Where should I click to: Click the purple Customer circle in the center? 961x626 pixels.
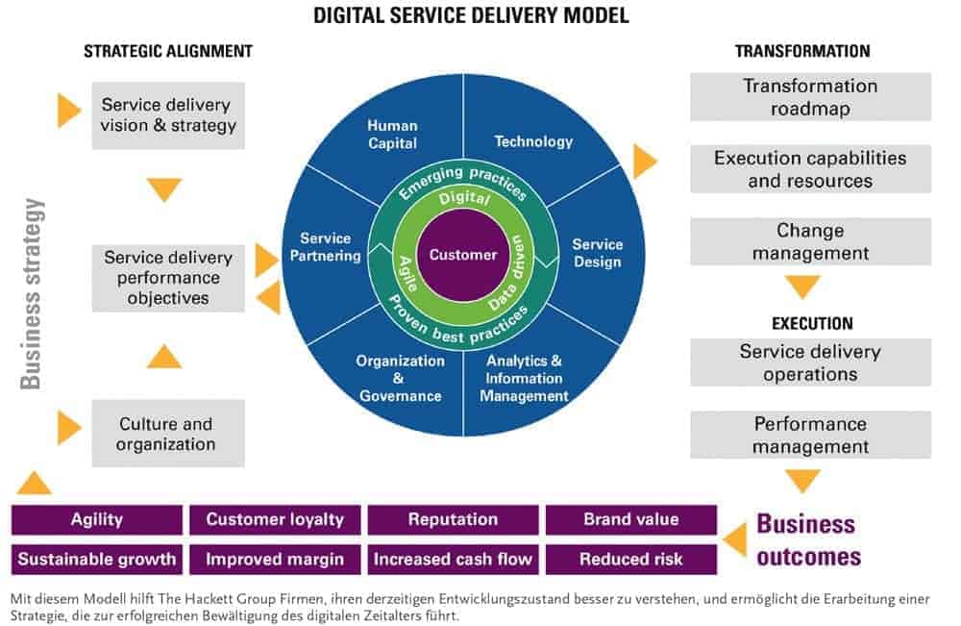(463, 255)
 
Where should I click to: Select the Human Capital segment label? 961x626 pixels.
(392, 135)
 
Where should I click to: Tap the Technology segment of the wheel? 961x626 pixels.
(533, 141)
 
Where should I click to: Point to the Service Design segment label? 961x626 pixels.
(597, 253)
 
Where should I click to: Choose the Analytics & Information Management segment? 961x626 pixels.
(524, 378)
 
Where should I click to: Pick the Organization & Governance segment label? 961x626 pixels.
(400, 378)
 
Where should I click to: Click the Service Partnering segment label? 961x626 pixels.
(325, 247)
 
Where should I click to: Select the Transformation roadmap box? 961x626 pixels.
(810, 97)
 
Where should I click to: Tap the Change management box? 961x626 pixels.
(810, 242)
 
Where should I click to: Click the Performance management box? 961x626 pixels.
(810, 435)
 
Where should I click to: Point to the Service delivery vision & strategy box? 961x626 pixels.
(168, 115)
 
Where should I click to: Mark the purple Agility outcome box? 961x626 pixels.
(97, 519)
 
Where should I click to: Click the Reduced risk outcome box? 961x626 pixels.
(631, 559)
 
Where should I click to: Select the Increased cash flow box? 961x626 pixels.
(453, 559)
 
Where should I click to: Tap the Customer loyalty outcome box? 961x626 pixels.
(275, 519)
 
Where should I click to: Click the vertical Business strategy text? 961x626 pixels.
(33, 292)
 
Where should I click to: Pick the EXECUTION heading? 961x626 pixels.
(810, 323)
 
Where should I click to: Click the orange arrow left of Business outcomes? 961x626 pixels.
(735, 539)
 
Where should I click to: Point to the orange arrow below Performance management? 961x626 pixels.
(802, 480)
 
